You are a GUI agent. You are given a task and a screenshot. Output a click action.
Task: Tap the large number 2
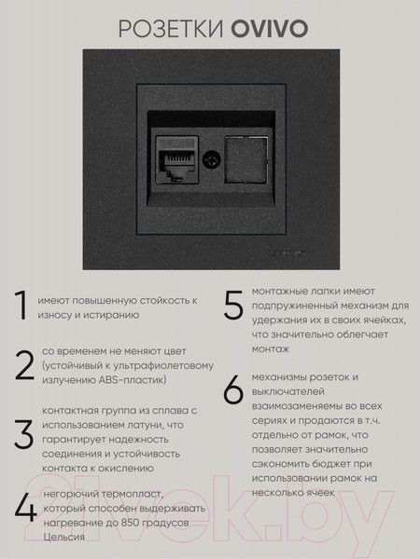(23, 366)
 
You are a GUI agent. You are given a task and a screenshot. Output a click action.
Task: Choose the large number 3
(23, 434)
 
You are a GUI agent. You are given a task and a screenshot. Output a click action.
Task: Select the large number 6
(233, 392)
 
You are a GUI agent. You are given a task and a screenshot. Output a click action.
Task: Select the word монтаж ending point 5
(270, 348)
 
